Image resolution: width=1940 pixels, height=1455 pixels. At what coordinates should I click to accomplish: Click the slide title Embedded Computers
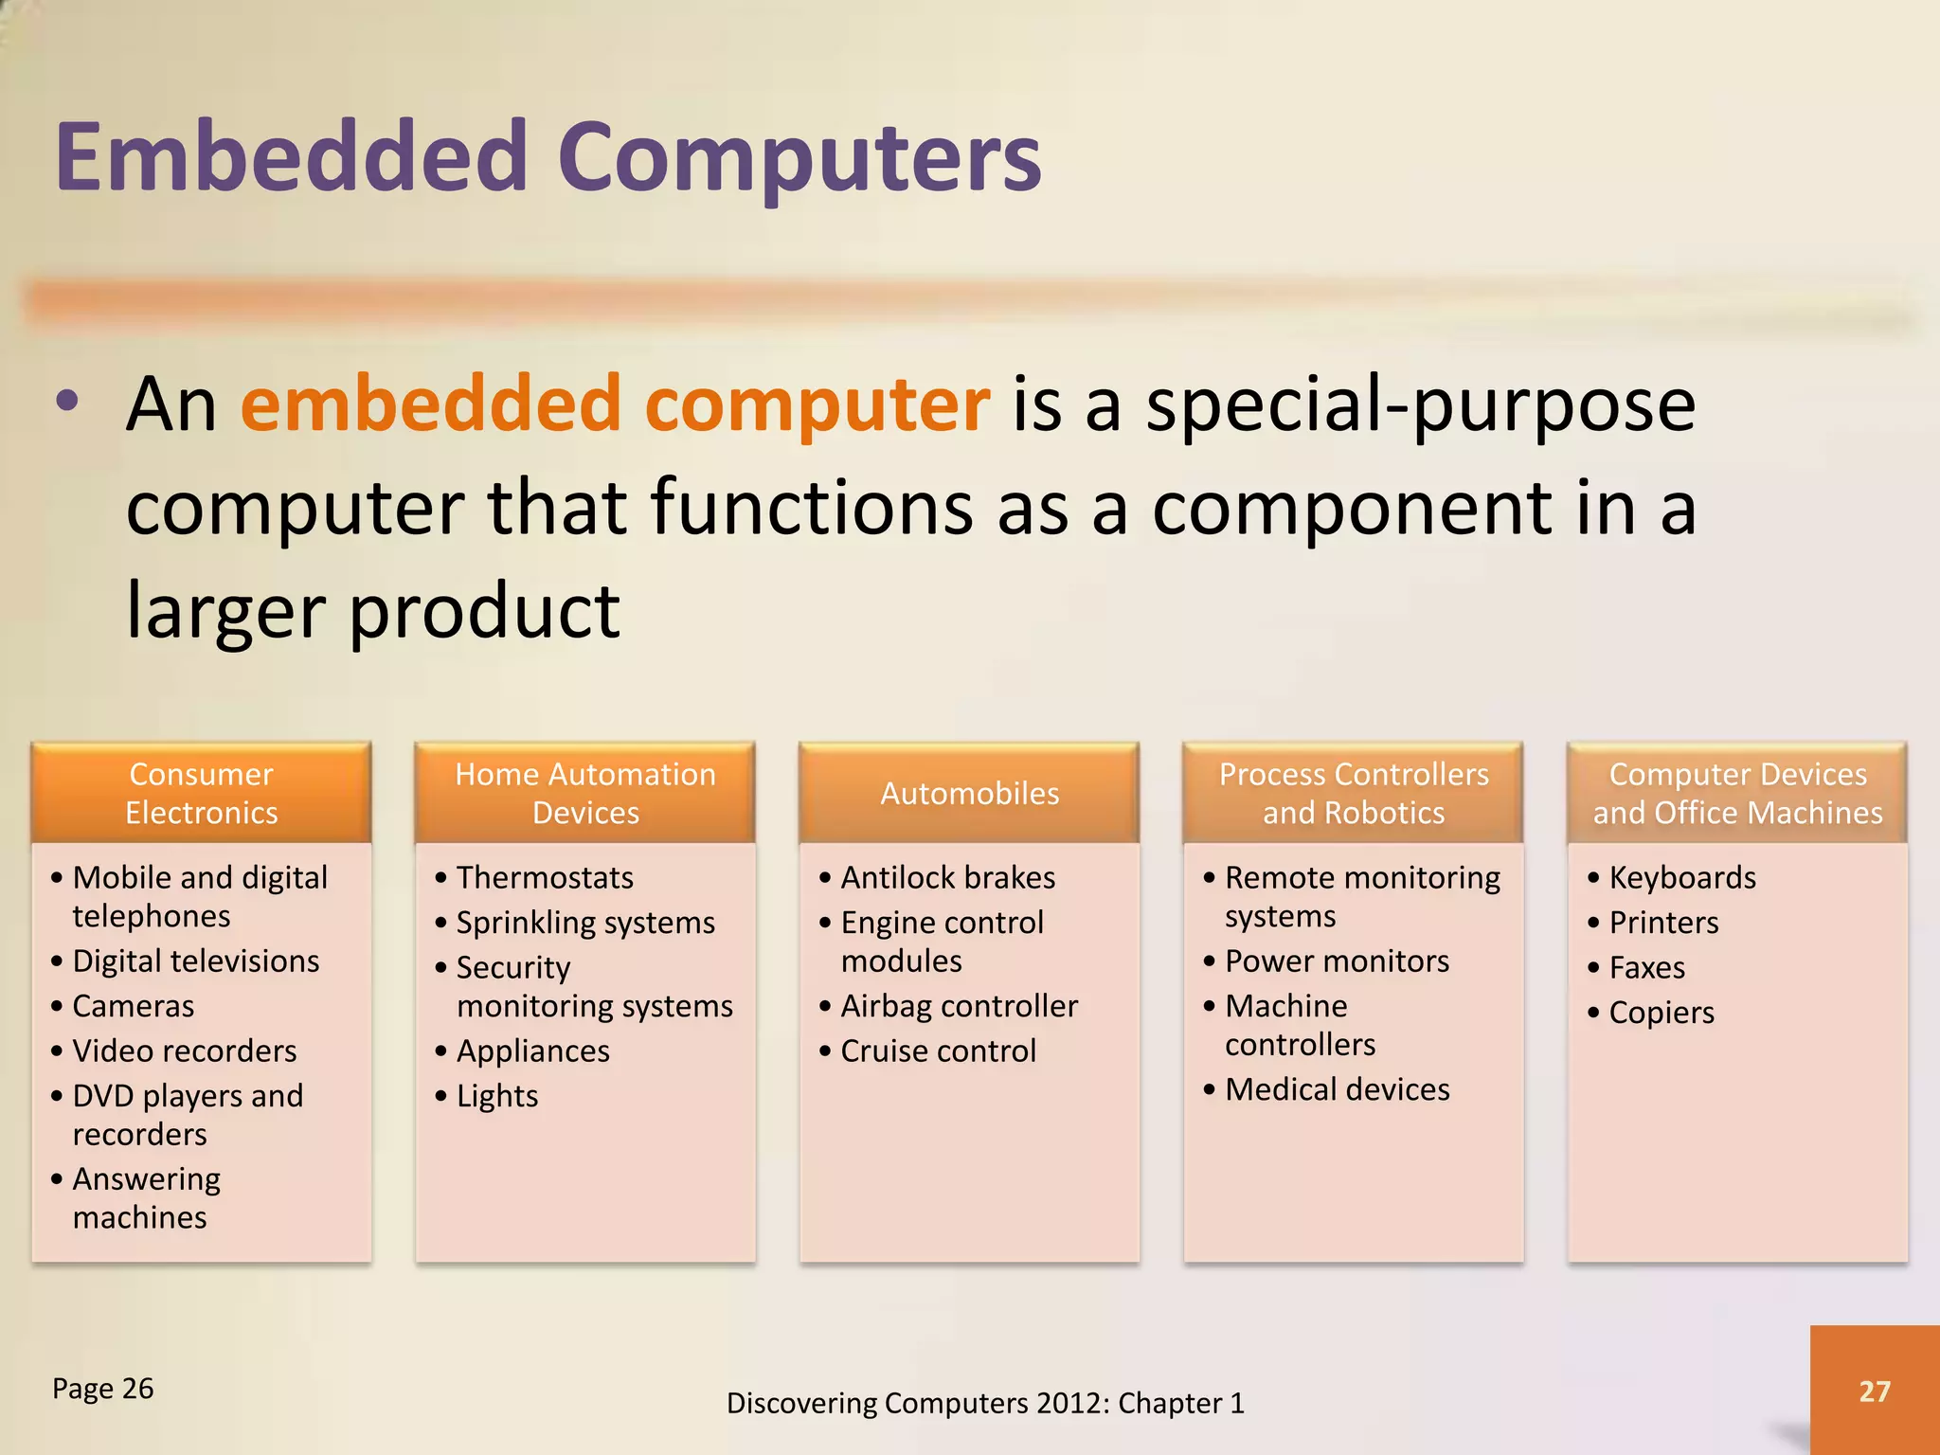pyautogui.click(x=548, y=156)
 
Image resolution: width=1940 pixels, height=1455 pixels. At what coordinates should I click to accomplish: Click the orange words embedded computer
pyautogui.click(x=615, y=405)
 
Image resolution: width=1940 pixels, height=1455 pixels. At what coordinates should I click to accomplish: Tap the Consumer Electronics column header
pyautogui.click(x=201, y=793)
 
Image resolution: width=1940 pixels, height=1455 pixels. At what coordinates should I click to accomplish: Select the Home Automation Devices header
pyautogui.click(x=585, y=793)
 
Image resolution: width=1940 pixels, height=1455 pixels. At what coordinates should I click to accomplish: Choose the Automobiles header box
pyautogui.click(x=969, y=793)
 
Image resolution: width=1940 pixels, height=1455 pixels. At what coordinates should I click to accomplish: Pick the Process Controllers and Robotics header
pyautogui.click(x=1353, y=793)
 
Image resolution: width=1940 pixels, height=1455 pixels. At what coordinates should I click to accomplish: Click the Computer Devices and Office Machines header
pyautogui.click(x=1737, y=793)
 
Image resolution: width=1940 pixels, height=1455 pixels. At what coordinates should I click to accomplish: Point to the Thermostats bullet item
pyautogui.click(x=545, y=877)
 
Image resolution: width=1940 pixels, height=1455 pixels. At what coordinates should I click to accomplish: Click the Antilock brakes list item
pyautogui.click(x=947, y=877)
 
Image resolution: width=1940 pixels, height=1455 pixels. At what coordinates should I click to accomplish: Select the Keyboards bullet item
pyautogui.click(x=1682, y=877)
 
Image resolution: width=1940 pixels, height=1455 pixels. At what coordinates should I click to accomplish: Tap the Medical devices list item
pyautogui.click(x=1337, y=1089)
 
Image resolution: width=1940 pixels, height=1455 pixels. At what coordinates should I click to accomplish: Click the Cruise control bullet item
pyautogui.click(x=938, y=1051)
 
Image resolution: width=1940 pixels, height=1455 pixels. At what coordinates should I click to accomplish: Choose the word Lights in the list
pyautogui.click(x=497, y=1096)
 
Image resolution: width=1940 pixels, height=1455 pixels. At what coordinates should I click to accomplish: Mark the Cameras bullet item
pyautogui.click(x=134, y=1006)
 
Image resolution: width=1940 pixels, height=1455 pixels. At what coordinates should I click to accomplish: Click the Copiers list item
pyautogui.click(x=1662, y=1013)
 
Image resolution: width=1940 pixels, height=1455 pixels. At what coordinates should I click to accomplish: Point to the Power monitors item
pyautogui.click(x=1337, y=961)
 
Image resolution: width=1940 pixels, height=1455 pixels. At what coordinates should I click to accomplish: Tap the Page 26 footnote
pyautogui.click(x=102, y=1389)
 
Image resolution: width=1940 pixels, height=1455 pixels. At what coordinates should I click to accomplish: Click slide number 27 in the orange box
pyautogui.click(x=1874, y=1391)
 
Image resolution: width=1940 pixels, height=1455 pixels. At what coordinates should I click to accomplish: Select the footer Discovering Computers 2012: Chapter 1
pyautogui.click(x=985, y=1403)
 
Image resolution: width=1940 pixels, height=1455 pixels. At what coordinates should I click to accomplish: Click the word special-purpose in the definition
pyautogui.click(x=1421, y=405)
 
